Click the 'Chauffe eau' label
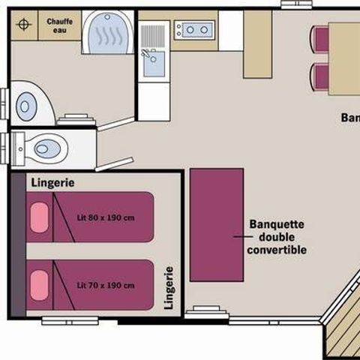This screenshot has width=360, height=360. tap(59, 26)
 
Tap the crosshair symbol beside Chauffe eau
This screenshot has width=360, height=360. tap(25, 25)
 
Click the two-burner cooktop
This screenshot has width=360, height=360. tap(194, 30)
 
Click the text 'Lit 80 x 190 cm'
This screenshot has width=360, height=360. tap(106, 218)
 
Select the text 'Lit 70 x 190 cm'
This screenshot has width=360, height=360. tap(106, 286)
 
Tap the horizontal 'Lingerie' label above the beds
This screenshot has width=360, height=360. tap(52, 182)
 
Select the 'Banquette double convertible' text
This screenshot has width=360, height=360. tap(277, 236)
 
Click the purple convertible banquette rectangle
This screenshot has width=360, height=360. tap(217, 225)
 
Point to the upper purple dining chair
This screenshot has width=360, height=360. tap(321, 37)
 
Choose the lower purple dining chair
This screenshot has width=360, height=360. tap(321, 76)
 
